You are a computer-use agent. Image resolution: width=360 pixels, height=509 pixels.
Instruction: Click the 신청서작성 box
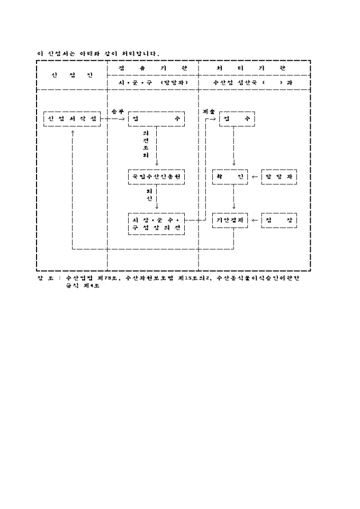(x=72, y=119)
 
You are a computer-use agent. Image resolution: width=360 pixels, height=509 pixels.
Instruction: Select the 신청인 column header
(x=72, y=75)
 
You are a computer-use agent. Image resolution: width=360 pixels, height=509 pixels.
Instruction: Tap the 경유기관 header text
(x=153, y=69)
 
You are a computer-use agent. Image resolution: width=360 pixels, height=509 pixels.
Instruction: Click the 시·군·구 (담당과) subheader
(x=153, y=83)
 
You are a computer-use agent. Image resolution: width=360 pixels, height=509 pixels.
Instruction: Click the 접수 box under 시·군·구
(x=156, y=119)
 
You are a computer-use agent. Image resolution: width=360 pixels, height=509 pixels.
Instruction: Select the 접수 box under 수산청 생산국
(x=237, y=119)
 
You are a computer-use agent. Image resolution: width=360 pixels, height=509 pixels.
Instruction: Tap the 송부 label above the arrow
(x=118, y=112)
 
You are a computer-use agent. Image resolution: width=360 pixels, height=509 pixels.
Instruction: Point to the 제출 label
(x=208, y=112)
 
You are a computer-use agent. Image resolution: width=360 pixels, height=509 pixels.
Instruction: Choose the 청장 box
(x=278, y=220)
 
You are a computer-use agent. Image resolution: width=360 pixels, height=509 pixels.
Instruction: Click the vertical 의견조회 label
(x=146, y=145)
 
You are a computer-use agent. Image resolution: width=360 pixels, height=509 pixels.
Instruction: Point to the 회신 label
(x=149, y=194)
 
